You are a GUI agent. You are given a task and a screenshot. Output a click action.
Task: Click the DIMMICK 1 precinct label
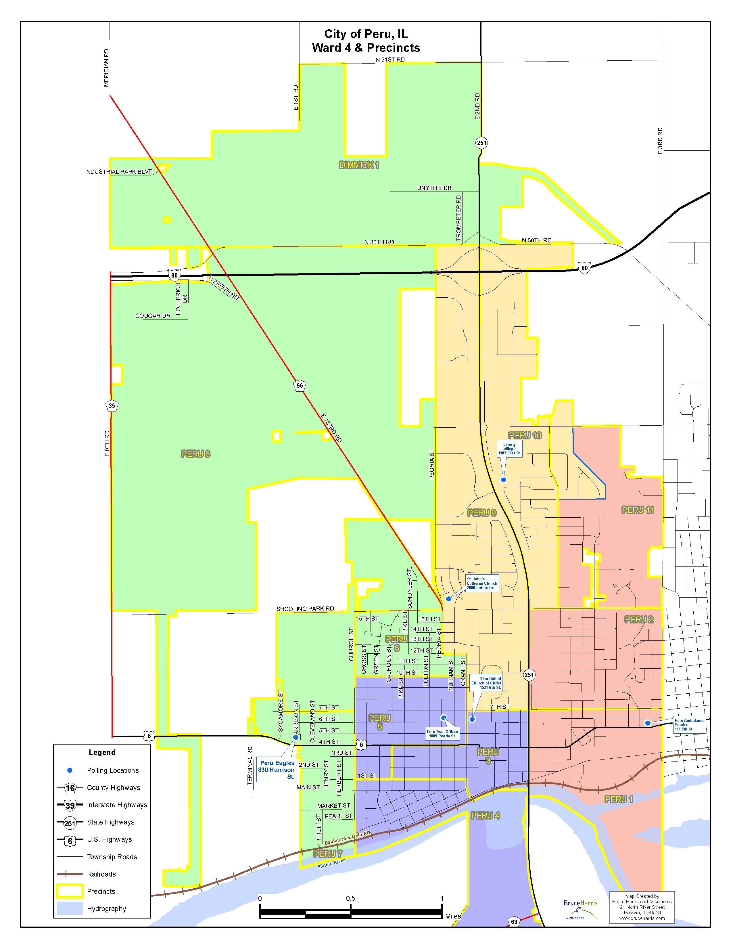coord(359,165)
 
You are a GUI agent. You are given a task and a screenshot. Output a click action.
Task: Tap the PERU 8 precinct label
coord(195,454)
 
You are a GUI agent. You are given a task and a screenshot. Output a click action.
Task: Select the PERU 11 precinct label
coord(638,510)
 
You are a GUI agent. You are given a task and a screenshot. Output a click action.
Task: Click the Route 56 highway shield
coord(300,385)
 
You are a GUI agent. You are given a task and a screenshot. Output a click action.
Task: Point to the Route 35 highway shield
coord(112,406)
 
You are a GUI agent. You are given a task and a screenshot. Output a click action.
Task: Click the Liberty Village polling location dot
coord(503,480)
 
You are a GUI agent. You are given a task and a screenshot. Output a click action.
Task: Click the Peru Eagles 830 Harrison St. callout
coord(277,770)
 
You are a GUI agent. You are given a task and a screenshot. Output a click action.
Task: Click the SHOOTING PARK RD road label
coord(305,609)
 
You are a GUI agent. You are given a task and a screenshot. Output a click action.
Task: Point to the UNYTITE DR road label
coord(434,188)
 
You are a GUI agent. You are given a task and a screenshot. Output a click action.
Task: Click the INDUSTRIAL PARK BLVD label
coord(118,172)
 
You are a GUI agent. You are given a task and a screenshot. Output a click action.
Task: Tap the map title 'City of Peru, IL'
coord(366,34)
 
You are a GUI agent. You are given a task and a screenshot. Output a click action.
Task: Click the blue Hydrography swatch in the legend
coord(70,908)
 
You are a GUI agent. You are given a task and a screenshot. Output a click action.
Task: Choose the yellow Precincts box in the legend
coord(70,891)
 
